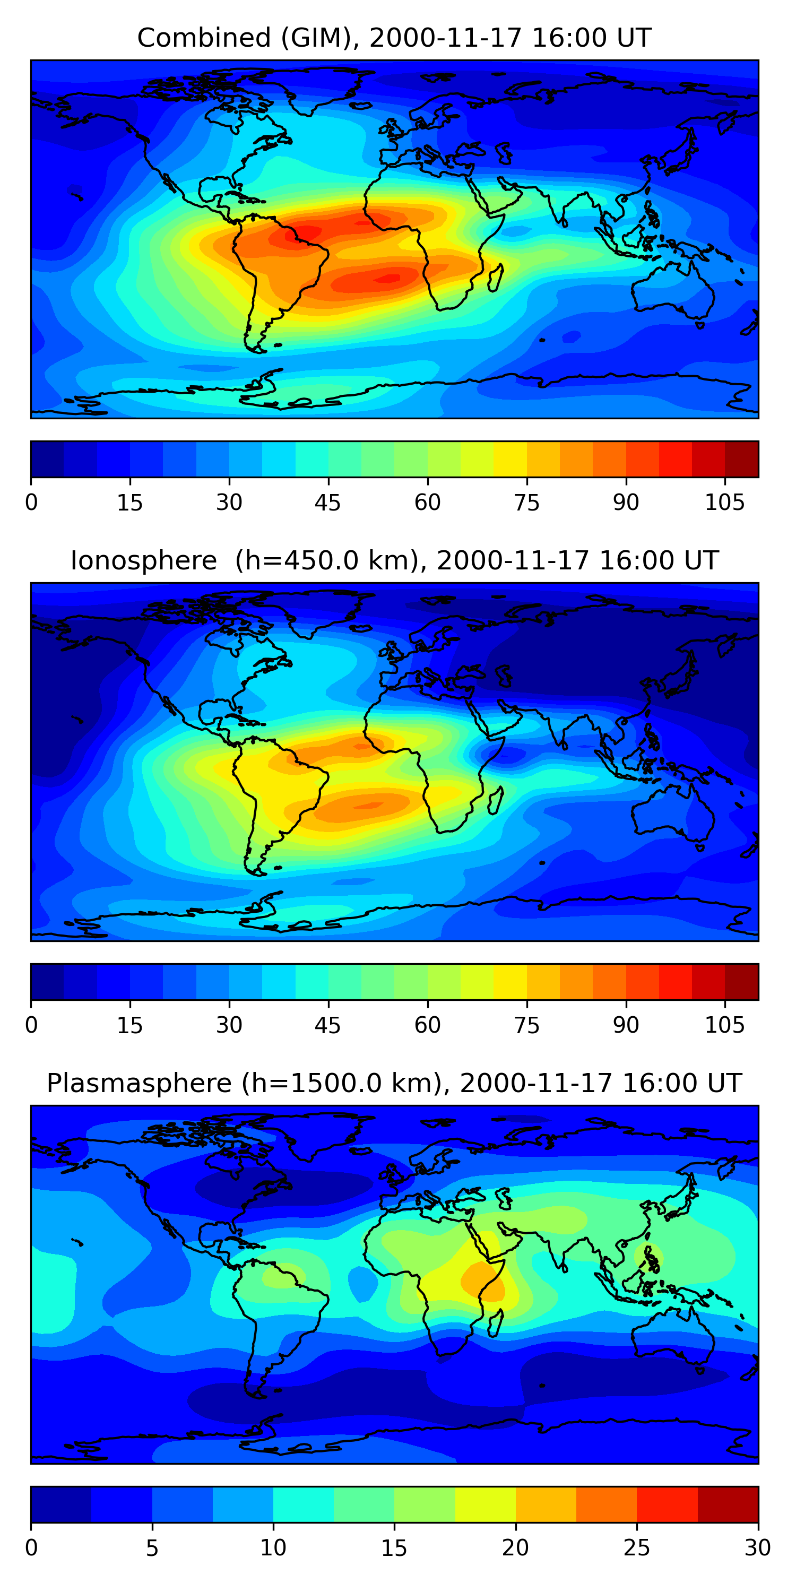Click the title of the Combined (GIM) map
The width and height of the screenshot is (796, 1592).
pos(394,38)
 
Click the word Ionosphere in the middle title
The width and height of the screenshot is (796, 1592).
pos(143,560)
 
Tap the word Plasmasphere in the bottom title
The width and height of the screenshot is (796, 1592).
pos(139,1084)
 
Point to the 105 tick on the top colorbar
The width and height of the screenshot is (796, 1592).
pos(724,502)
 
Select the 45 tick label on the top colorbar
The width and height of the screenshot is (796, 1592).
pos(327,502)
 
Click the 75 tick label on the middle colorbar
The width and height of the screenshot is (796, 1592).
pos(526,1025)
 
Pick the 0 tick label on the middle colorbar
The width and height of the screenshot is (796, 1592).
pos(31,1025)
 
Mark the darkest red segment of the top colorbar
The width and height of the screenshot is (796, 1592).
pos(742,459)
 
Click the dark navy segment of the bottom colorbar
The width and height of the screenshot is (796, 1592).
pos(60,1504)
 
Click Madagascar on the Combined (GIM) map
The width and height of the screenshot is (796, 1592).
pos(496,278)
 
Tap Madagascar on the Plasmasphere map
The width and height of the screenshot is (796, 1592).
pos(496,1322)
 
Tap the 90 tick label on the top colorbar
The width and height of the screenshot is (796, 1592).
pos(626,502)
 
